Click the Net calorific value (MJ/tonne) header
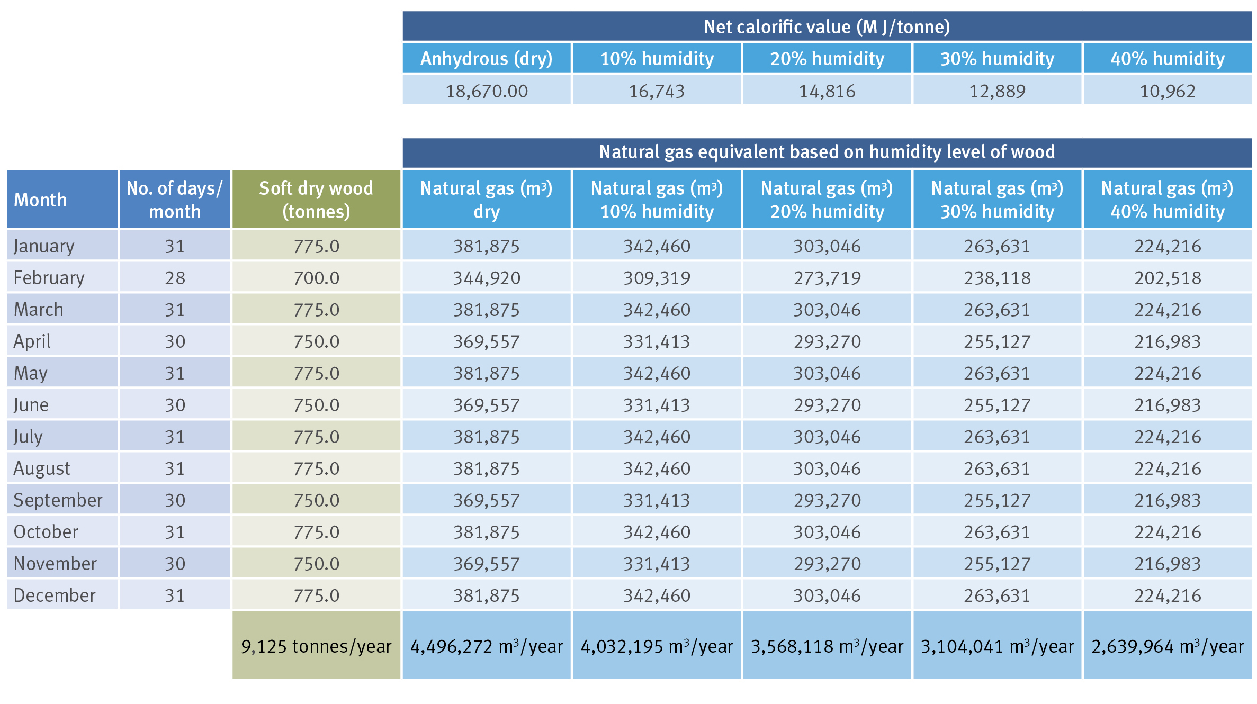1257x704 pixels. coord(827,26)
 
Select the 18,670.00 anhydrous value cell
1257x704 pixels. coord(487,91)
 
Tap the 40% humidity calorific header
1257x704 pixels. coord(1168,58)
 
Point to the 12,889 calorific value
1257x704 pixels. coord(997,91)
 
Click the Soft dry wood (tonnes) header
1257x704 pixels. coord(316,200)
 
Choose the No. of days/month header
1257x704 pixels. coord(175,200)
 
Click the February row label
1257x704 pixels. coord(49,278)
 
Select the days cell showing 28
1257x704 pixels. coord(175,278)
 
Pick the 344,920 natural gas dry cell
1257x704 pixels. coord(487,278)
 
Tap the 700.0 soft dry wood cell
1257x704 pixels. coord(316,278)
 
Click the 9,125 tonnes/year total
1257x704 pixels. coord(316,646)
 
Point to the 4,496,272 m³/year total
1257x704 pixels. coord(487,646)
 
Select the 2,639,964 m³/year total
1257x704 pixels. coord(1168,646)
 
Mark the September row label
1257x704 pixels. coord(58,500)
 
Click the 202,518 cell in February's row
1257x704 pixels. coord(1168,278)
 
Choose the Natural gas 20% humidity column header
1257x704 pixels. coord(827,200)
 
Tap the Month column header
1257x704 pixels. coord(41,200)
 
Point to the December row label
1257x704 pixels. coord(55,595)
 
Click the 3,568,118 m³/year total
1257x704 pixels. coord(827,646)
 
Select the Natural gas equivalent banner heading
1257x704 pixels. coord(827,152)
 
